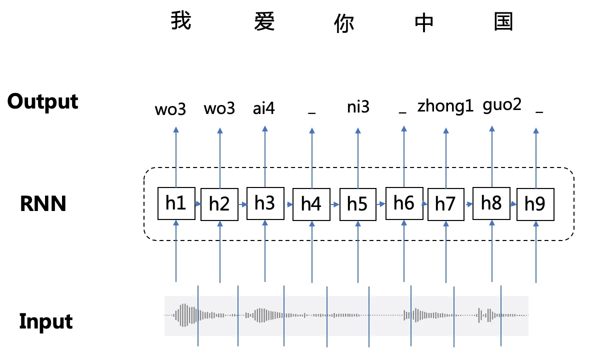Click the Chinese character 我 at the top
point(181,21)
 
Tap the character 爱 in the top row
point(264,21)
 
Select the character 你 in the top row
point(344,22)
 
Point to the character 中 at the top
point(424,22)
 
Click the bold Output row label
point(43,101)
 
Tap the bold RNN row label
point(43,204)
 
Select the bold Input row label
point(46,321)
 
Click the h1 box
point(176,203)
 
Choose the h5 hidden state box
point(357,204)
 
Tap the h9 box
point(535,204)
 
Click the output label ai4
point(264,108)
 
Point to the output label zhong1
point(445,106)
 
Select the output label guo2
point(502,105)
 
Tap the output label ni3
point(358,106)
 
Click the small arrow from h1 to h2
point(197,204)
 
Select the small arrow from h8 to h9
point(513,204)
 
